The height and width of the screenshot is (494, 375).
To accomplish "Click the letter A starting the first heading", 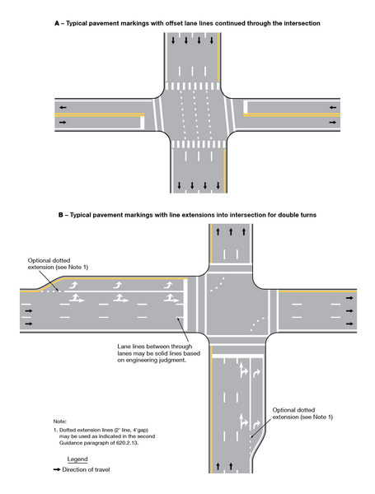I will [x=57, y=24].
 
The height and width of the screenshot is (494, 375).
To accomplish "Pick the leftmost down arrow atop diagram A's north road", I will [x=174, y=40].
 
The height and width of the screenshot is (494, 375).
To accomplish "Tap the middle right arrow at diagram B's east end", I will [x=351, y=311].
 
